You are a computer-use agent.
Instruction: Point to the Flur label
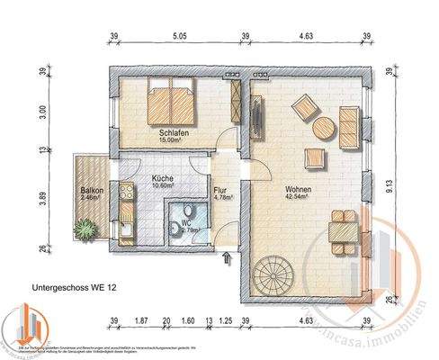pos(220,191)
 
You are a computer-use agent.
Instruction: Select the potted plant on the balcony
pos(85,229)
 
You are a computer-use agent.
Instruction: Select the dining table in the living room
pos(342,230)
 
